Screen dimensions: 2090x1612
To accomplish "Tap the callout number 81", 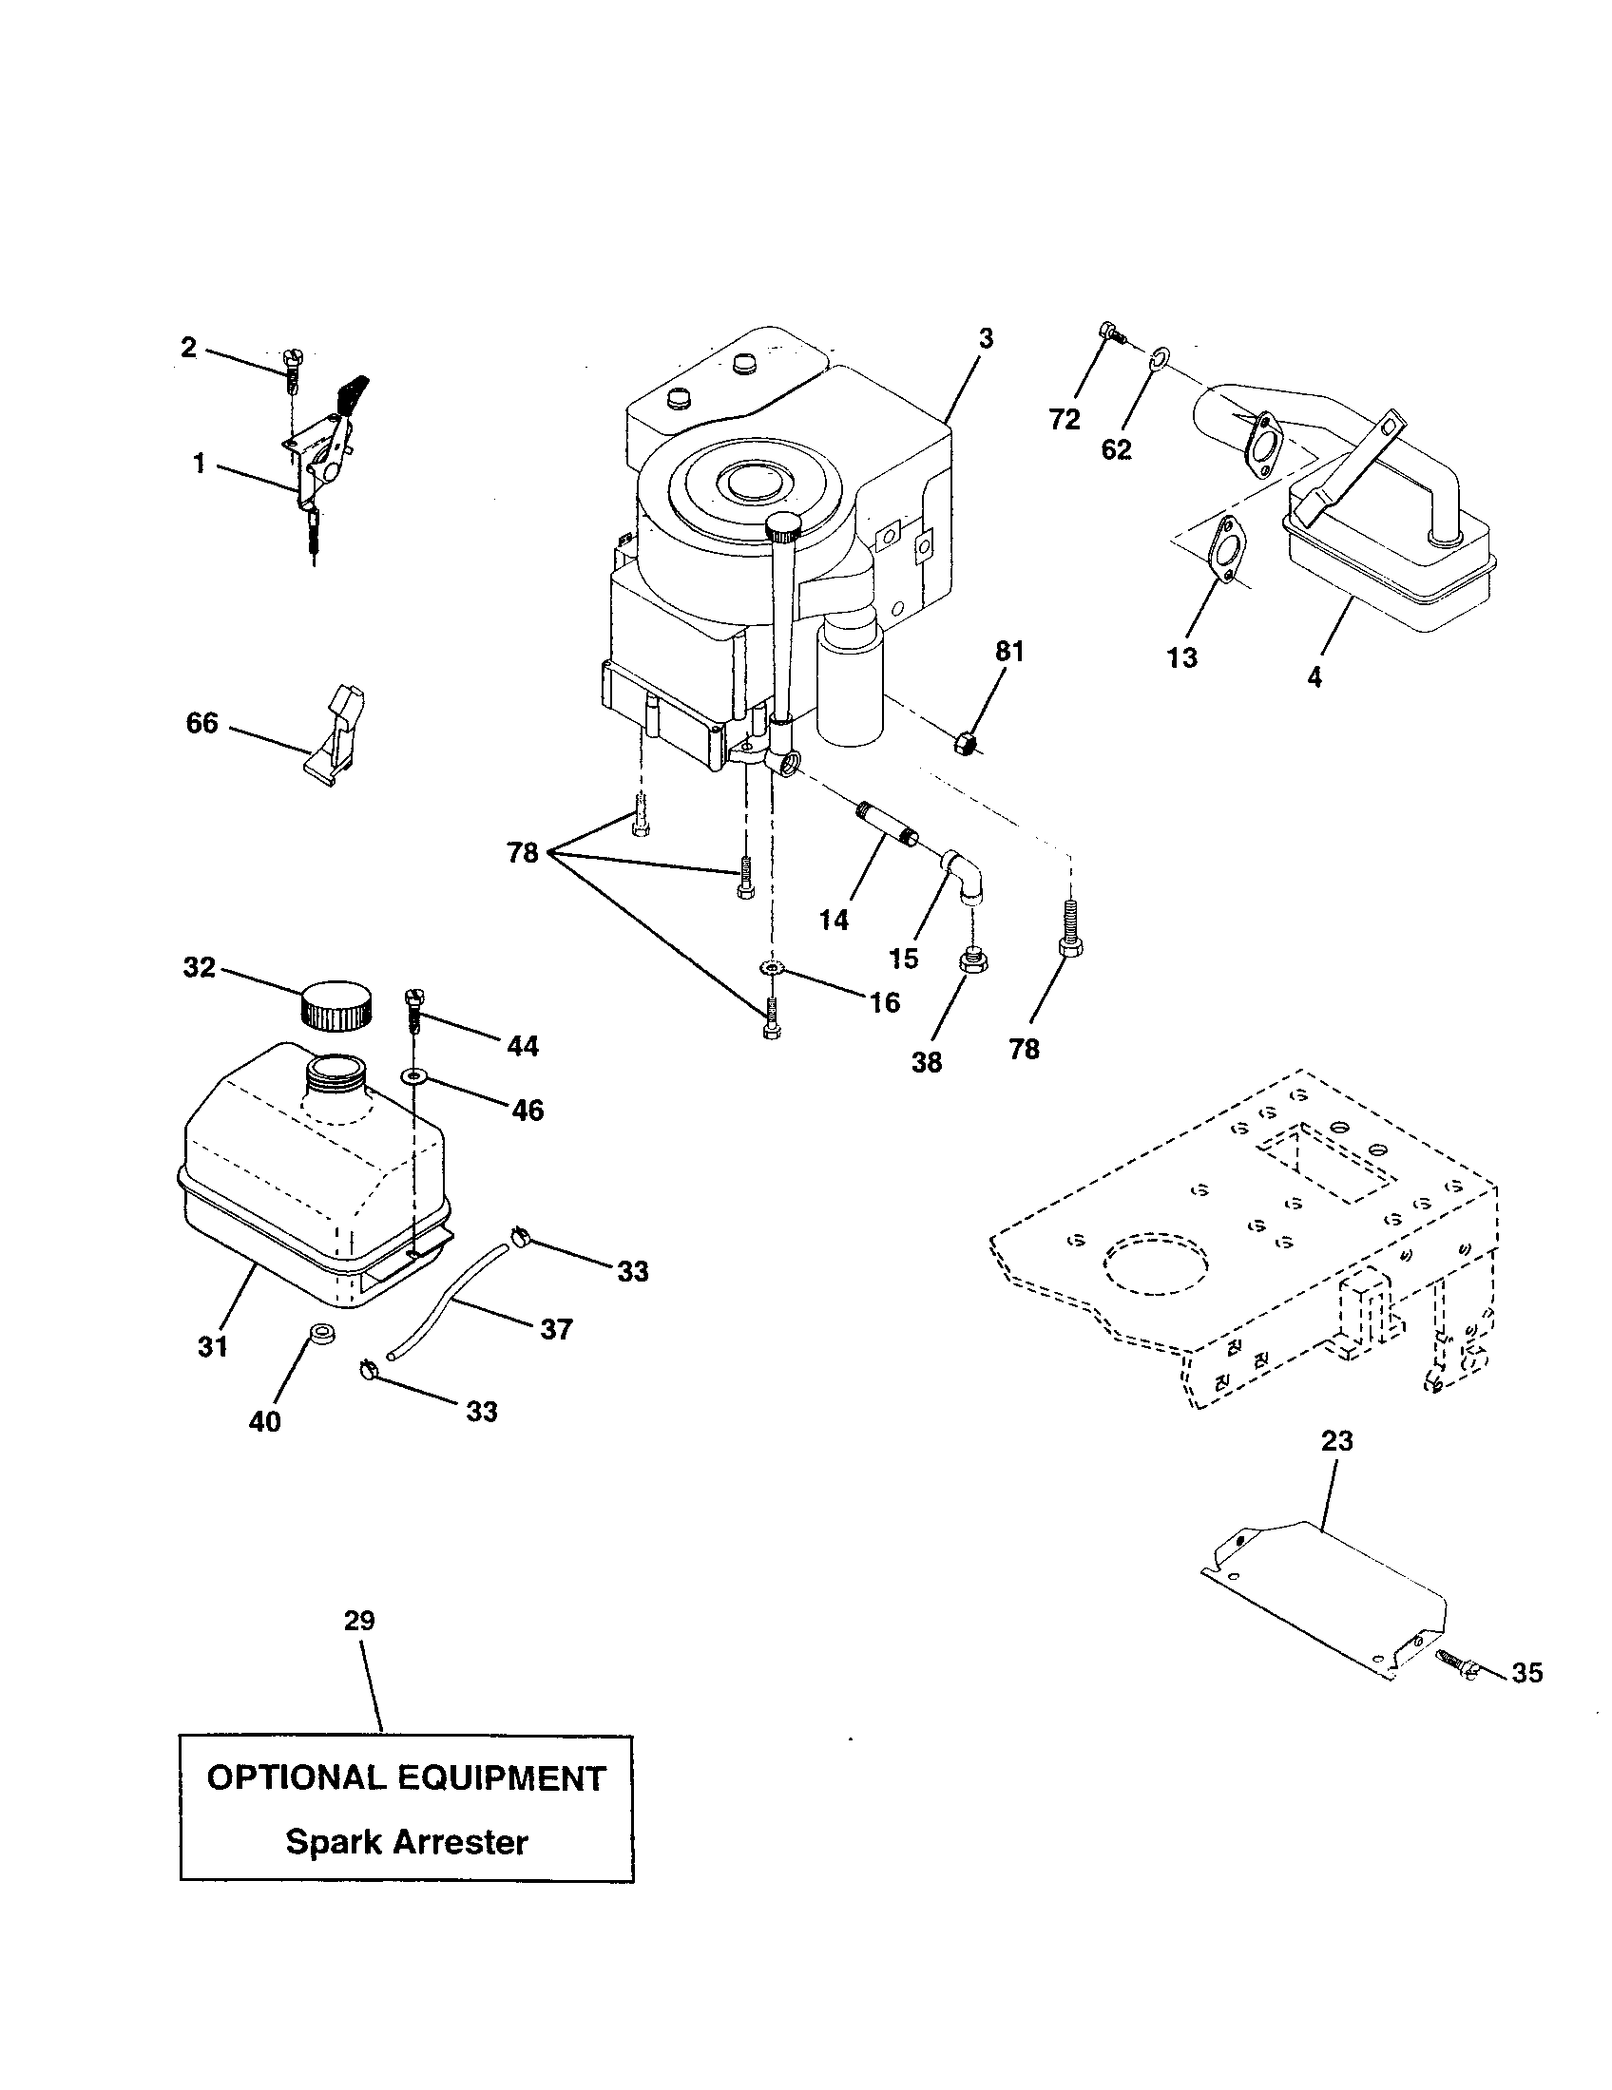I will (1009, 652).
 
